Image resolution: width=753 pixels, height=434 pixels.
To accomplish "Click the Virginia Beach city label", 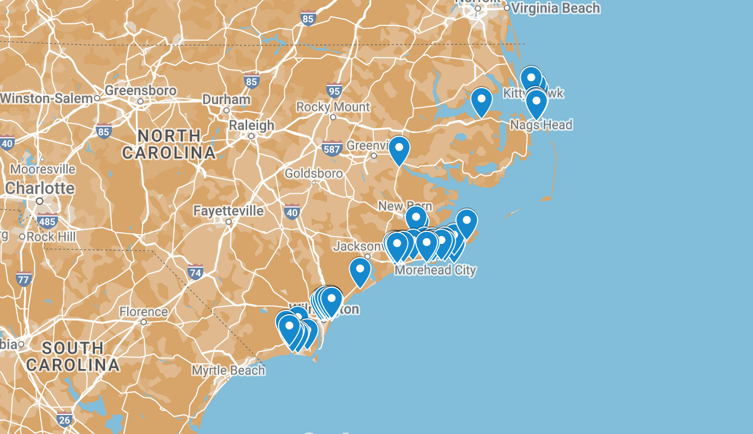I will pyautogui.click(x=556, y=8).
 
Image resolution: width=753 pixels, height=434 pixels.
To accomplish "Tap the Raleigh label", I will pyautogui.click(x=251, y=125).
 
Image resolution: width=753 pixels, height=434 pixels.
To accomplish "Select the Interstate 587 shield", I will pyautogui.click(x=332, y=149).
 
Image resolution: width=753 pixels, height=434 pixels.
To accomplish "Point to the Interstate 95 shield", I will pyautogui.click(x=334, y=90).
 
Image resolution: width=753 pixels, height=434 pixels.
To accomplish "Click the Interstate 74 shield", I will pyautogui.click(x=195, y=272).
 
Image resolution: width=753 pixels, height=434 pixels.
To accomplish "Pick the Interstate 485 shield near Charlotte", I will pyautogui.click(x=48, y=221).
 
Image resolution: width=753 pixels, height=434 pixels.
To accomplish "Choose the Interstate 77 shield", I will pyautogui.click(x=23, y=278).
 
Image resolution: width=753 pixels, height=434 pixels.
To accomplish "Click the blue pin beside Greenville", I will pyautogui.click(x=399, y=149).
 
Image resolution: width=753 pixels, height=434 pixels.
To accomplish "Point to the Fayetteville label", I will pyautogui.click(x=228, y=211).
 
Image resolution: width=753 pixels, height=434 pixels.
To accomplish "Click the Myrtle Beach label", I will pyautogui.click(x=228, y=371).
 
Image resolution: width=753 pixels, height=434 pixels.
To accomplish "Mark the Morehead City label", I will pyautogui.click(x=436, y=270).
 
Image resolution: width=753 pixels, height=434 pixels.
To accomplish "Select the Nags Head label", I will pyautogui.click(x=541, y=125).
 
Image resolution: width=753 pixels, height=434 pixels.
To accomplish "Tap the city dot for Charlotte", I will pyautogui.click(x=40, y=201).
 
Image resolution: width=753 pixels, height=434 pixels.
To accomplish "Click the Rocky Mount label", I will pyautogui.click(x=333, y=107).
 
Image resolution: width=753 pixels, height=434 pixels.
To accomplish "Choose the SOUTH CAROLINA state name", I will pyautogui.click(x=73, y=356).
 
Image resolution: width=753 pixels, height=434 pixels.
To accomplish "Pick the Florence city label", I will pyautogui.click(x=144, y=312).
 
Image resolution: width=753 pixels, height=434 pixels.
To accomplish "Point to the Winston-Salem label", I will pyautogui.click(x=46, y=98).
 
